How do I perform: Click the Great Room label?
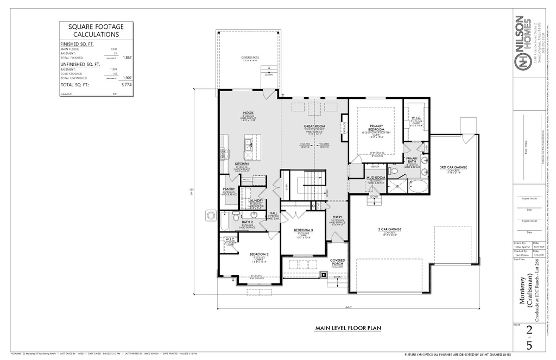[x=314, y=126]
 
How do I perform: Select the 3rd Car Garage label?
[x=453, y=167]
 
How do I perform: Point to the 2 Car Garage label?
[x=389, y=229]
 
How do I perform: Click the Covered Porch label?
[x=337, y=261]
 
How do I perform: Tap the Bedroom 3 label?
[x=304, y=230]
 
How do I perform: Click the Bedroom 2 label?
[x=259, y=254]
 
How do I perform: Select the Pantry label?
[x=229, y=190]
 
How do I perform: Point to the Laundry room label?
[x=255, y=200]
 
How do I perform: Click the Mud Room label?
[x=375, y=178]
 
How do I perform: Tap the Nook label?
[x=248, y=112]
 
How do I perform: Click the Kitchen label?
[x=242, y=164]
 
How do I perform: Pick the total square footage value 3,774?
[x=126, y=85]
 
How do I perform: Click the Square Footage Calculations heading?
[x=96, y=30]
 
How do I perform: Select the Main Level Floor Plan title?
[x=348, y=328]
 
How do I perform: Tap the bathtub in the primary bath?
[x=417, y=187]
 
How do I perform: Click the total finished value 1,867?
[x=128, y=57]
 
